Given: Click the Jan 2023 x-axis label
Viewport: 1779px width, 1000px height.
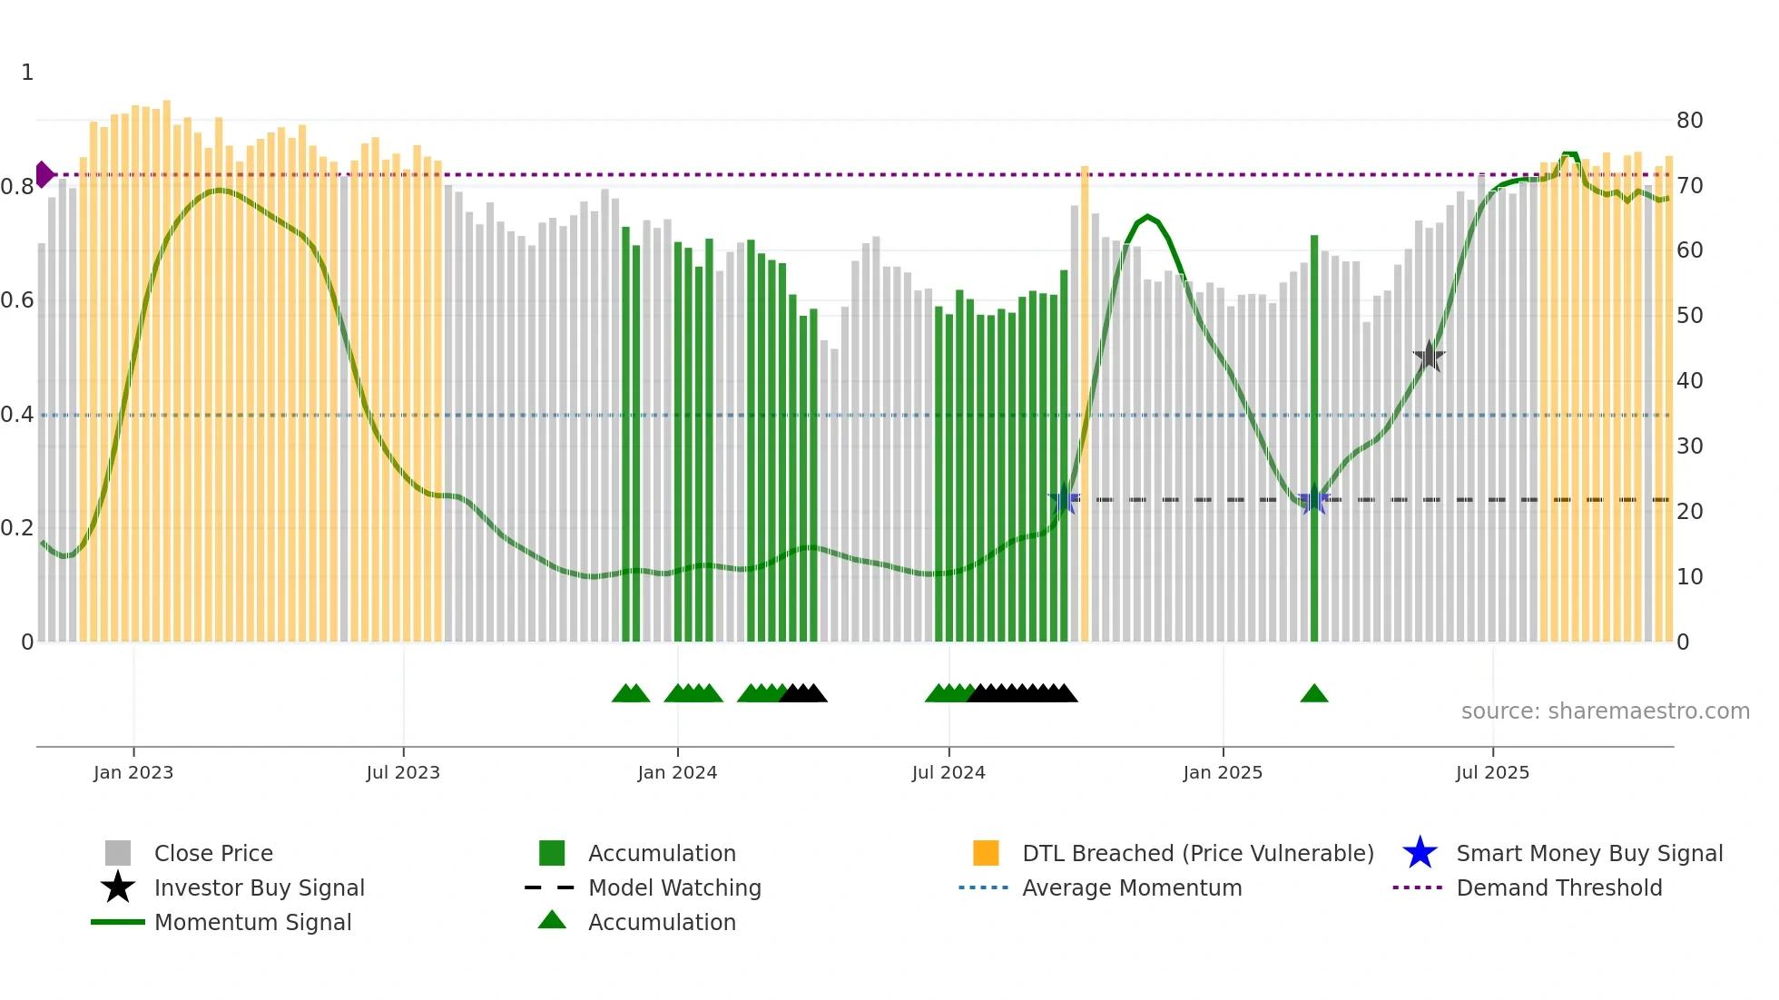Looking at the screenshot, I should pos(133,772).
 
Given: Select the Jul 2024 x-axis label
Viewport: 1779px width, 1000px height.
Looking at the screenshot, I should pos(948,772).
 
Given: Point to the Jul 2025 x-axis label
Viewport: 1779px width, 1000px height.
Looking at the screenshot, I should pos(1492,772).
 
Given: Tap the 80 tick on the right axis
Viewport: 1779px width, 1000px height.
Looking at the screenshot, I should pos(1689,121).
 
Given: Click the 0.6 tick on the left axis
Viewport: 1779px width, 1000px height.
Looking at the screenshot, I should pos(17,300).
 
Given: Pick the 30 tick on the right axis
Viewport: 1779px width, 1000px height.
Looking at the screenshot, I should pos(1689,446).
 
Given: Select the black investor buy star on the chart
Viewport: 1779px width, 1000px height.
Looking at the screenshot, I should pos(1429,357).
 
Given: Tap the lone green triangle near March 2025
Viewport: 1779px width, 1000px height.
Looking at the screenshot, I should pos(1313,694).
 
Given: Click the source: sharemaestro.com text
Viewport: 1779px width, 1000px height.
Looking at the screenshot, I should pos(1605,711).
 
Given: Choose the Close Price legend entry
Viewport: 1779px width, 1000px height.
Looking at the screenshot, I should pos(212,853).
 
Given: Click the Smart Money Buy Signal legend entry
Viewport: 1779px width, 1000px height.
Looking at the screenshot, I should pos(1588,853).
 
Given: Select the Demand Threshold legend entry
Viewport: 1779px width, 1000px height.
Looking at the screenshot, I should pos(1558,887).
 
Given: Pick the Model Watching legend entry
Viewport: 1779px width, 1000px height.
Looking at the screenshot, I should pos(673,887).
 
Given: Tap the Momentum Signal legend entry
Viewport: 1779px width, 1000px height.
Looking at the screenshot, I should pos(252,922).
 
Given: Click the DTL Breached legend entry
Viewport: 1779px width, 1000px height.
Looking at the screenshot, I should pos(1197,853).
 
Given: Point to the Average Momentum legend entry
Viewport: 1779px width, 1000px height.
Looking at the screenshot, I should pos(1131,887).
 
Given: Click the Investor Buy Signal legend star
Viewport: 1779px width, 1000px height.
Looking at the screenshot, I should pos(118,887).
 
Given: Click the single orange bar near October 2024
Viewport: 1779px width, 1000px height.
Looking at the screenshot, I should pos(1085,404).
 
